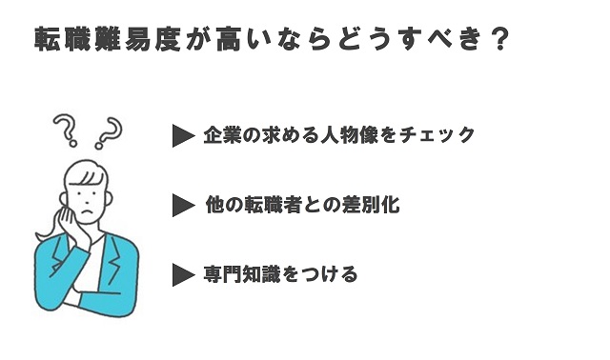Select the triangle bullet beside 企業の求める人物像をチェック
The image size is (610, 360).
coord(183,136)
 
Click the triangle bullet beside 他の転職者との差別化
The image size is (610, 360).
coord(183,206)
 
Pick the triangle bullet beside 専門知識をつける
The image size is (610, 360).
coord(183,275)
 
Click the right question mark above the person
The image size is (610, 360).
coord(112,131)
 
